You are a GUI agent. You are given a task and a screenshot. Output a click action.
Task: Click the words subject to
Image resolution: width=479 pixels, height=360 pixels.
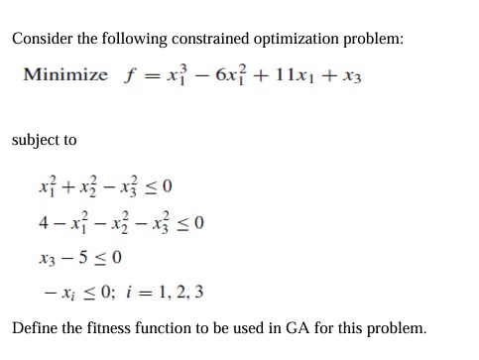pyautogui.click(x=44, y=140)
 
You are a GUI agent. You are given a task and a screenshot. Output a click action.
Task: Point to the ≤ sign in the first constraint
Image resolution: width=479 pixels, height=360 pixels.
pyautogui.click(x=151, y=186)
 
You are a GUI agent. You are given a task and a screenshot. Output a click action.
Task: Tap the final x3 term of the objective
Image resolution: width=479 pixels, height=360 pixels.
pyautogui.click(x=351, y=77)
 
